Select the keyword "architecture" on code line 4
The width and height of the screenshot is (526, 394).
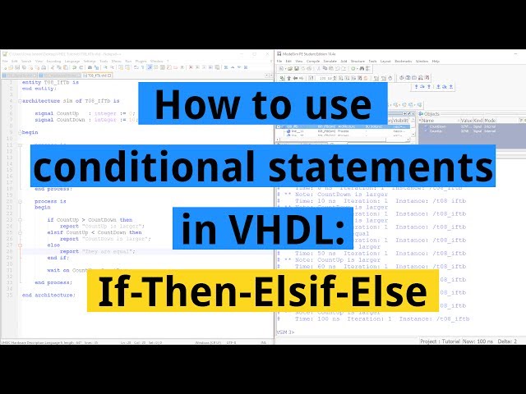click(42, 100)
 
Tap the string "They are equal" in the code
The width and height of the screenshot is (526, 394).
click(102, 250)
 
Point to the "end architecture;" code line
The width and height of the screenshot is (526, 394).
click(48, 294)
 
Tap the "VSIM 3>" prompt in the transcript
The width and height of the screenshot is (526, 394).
click(287, 332)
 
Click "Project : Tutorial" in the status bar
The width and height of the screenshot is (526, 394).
click(440, 341)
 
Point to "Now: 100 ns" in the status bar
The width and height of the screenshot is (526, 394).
click(479, 341)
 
